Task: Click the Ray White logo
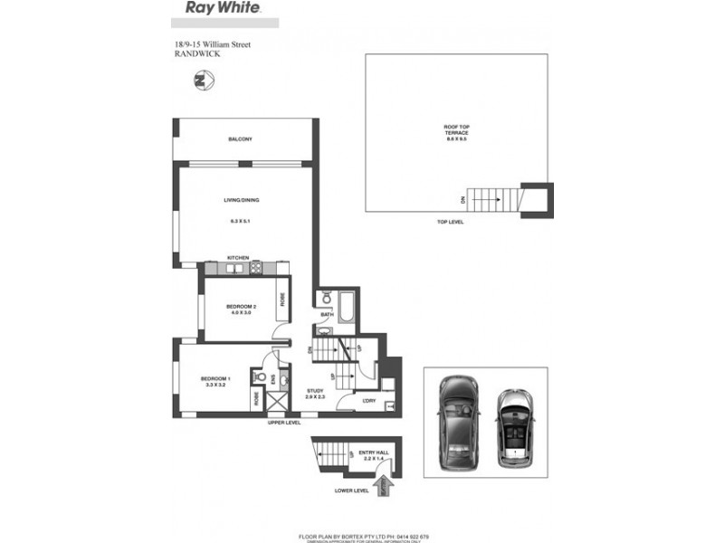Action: [224, 8]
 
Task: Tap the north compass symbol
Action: [202, 81]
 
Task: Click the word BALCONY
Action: [240, 138]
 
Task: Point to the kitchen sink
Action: [237, 267]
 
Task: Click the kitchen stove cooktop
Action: [256, 267]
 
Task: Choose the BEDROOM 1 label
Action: [216, 378]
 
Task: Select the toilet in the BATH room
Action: [326, 297]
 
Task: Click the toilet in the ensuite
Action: [262, 377]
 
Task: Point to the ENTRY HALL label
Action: [373, 452]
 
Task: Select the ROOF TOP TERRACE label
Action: [455, 133]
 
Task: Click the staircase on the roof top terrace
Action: [497, 199]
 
